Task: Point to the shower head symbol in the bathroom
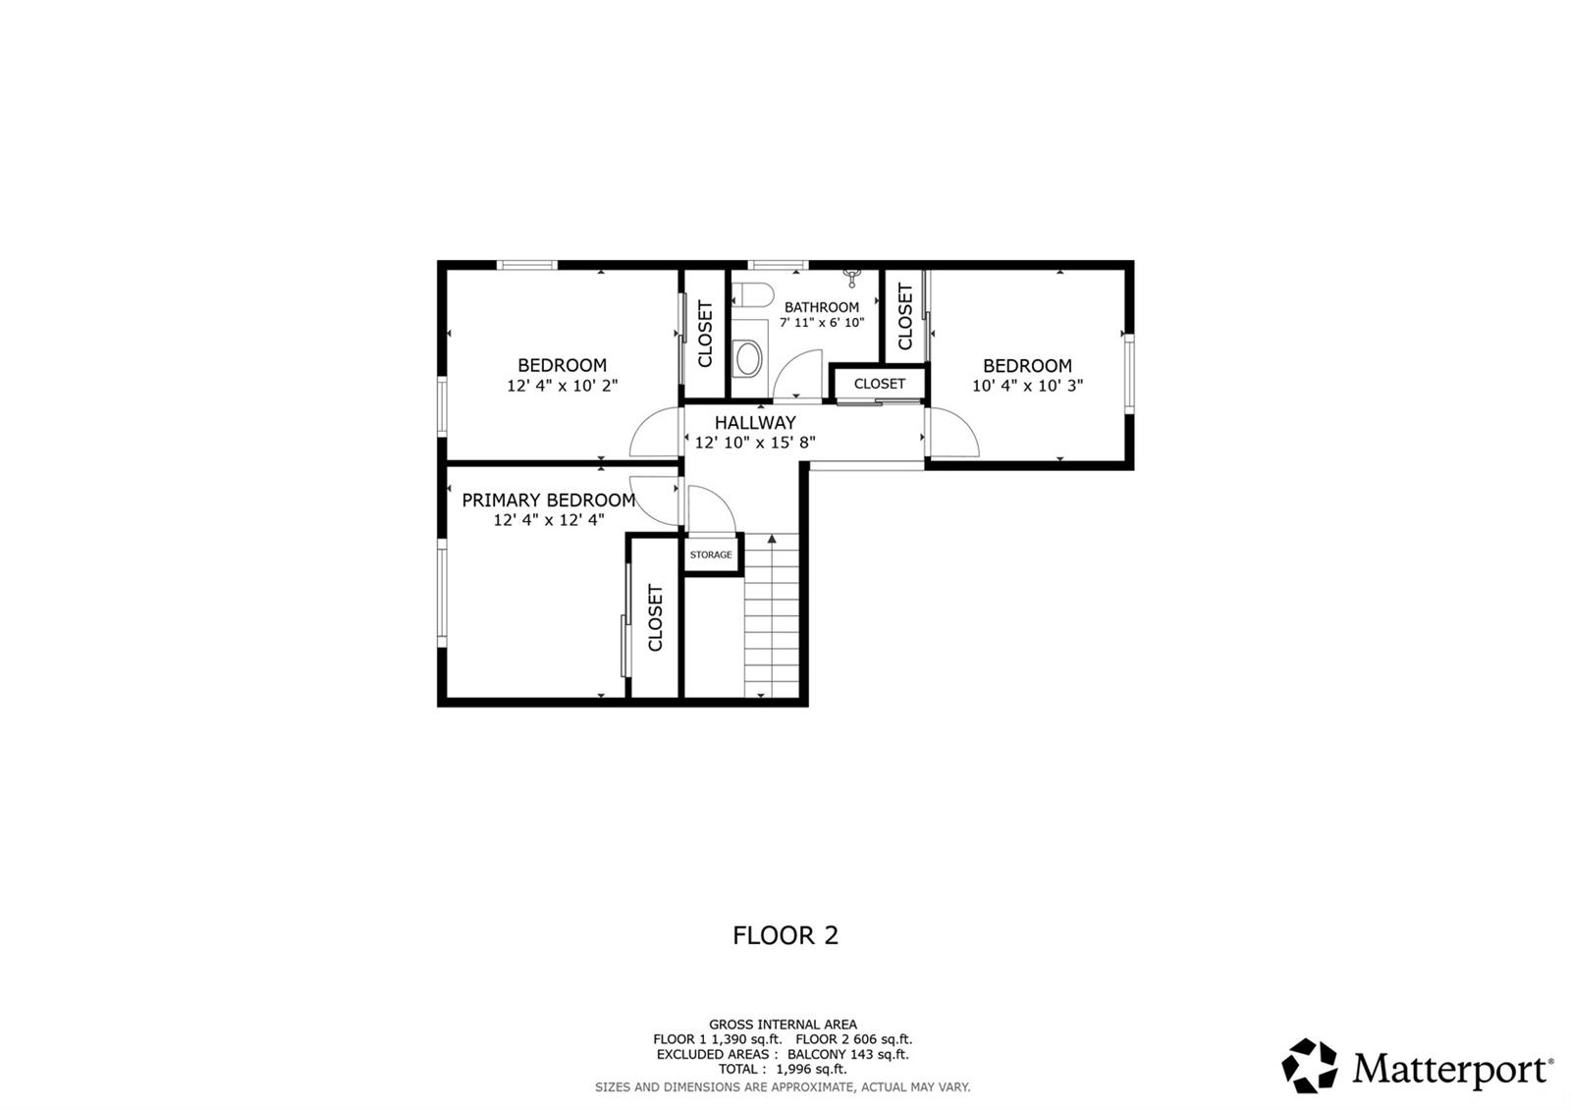852,278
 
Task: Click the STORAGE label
711,554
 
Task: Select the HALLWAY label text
755,423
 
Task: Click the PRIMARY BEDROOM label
549,500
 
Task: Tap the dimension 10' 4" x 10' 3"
1027,385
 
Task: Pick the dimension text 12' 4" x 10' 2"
563,385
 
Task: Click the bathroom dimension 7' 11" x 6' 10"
822,323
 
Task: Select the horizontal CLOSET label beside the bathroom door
880,384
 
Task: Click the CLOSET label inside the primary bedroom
655,617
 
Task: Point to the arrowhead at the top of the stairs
772,539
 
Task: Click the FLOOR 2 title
785,935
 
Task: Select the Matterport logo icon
1310,1066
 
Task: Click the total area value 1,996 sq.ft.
811,1069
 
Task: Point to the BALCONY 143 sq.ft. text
848,1054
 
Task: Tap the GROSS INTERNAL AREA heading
783,1025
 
